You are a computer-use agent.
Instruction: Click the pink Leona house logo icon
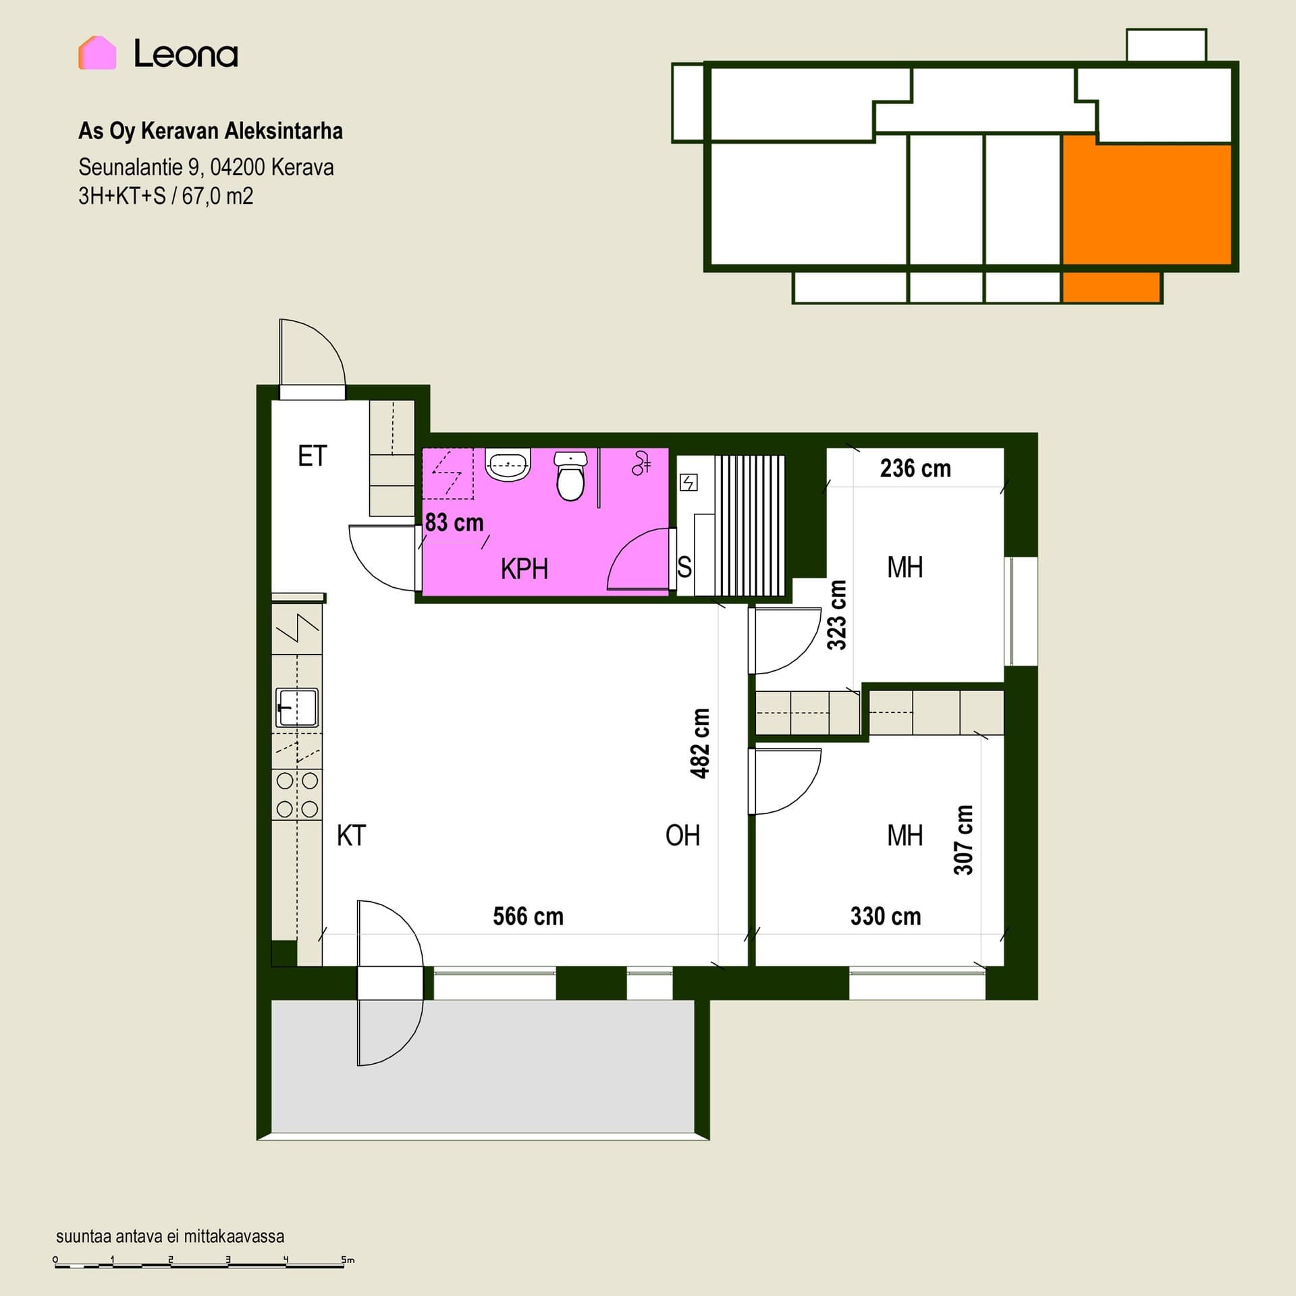click(x=97, y=53)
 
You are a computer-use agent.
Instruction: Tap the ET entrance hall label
click(x=313, y=456)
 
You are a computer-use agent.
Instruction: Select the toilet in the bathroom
click(x=570, y=476)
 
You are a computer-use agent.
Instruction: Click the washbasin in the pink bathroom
click(x=508, y=465)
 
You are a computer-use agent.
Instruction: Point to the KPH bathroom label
click(x=524, y=569)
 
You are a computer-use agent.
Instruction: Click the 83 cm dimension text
click(x=454, y=522)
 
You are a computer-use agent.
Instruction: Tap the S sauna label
click(x=684, y=567)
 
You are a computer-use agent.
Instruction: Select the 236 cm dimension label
click(x=915, y=468)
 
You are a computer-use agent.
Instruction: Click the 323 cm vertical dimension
click(x=837, y=615)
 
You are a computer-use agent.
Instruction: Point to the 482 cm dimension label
click(x=701, y=743)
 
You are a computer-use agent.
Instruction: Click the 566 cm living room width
click(x=528, y=917)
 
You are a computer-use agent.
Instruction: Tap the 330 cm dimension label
click(x=886, y=917)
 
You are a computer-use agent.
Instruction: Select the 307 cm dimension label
click(x=963, y=840)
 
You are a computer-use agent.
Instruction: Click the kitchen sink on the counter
click(x=296, y=707)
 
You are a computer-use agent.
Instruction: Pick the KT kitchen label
click(x=351, y=836)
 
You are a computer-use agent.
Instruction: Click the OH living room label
click(x=682, y=836)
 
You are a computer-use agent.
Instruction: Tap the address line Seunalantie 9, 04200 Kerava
click(x=206, y=167)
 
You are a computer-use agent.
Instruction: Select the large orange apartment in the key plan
click(x=1147, y=202)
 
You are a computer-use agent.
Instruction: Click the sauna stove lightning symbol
click(x=688, y=483)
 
